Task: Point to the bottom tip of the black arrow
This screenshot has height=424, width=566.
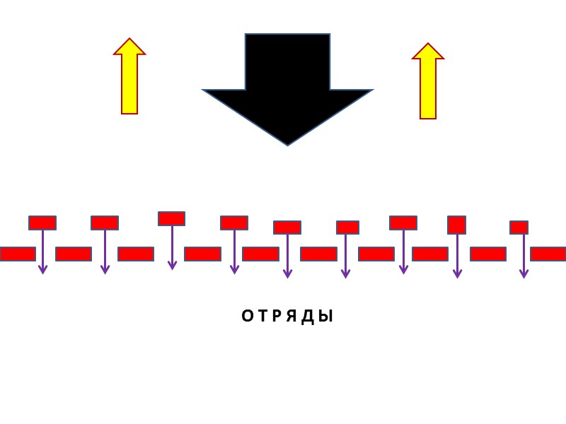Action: click(287, 143)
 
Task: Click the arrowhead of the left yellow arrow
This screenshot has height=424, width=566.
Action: click(129, 47)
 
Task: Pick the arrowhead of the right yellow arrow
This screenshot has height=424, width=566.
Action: click(428, 52)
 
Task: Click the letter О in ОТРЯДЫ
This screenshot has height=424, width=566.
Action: click(247, 317)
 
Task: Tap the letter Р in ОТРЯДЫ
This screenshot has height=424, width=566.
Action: click(277, 317)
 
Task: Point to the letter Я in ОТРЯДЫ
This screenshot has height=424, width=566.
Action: click(292, 317)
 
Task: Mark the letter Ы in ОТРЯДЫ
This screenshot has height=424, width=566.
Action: click(325, 317)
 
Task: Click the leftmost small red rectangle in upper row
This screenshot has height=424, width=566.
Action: click(42, 223)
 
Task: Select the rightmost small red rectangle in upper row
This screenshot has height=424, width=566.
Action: click(519, 228)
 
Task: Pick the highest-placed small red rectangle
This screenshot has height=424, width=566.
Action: click(171, 218)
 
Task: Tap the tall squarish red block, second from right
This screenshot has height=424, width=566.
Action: click(456, 225)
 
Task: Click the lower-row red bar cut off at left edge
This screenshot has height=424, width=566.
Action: click(17, 254)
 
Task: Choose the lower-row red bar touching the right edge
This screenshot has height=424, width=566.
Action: click(548, 254)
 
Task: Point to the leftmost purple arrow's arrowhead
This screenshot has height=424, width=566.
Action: click(42, 270)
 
